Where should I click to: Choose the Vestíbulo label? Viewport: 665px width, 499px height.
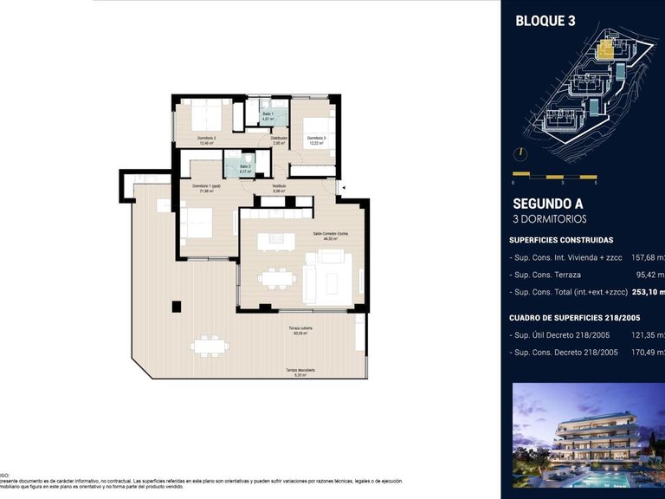pos(279,188)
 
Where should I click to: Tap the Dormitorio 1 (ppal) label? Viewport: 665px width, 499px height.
pos(206,189)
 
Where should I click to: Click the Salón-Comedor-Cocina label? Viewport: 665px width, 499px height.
pos(330,237)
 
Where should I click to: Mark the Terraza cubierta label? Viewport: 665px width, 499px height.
pos(300,331)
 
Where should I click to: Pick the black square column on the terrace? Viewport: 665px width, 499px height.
pos(177,306)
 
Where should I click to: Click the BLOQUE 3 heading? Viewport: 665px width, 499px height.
pos(546,22)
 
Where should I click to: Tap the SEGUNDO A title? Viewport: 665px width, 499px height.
pos(548,204)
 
